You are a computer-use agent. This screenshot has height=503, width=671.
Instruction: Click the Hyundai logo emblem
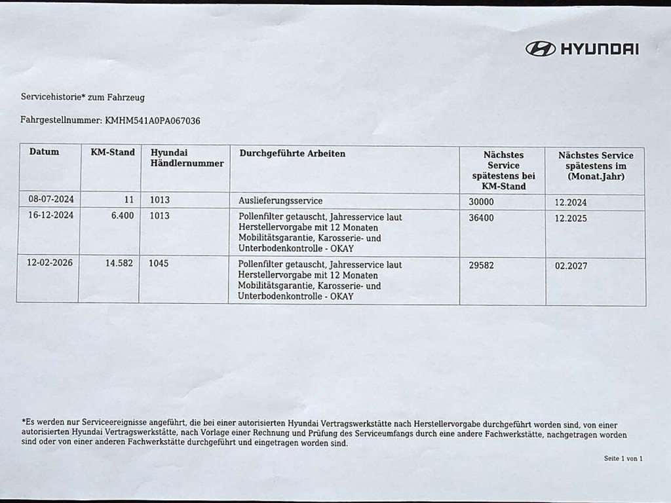coord(541,48)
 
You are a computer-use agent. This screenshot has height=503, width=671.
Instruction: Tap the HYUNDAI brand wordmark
coord(600,48)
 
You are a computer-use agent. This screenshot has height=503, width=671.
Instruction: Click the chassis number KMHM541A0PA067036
coord(153,121)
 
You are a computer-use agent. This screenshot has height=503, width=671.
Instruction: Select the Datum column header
coord(44,152)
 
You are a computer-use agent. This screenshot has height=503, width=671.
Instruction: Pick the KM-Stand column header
coord(112,152)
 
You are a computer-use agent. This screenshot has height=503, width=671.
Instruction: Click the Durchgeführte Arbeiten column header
coord(292,153)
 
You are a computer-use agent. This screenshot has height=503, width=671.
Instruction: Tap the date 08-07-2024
coord(51,199)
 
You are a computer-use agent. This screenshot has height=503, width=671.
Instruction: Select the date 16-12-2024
coord(51,215)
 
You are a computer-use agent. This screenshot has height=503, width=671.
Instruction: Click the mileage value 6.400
coord(123,215)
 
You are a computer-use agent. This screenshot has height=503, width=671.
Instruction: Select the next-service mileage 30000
coord(482,202)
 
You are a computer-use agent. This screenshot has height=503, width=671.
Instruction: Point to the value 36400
coord(482,217)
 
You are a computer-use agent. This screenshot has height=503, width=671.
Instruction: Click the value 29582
coord(482,266)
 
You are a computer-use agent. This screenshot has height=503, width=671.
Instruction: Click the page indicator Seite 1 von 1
coord(623,458)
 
